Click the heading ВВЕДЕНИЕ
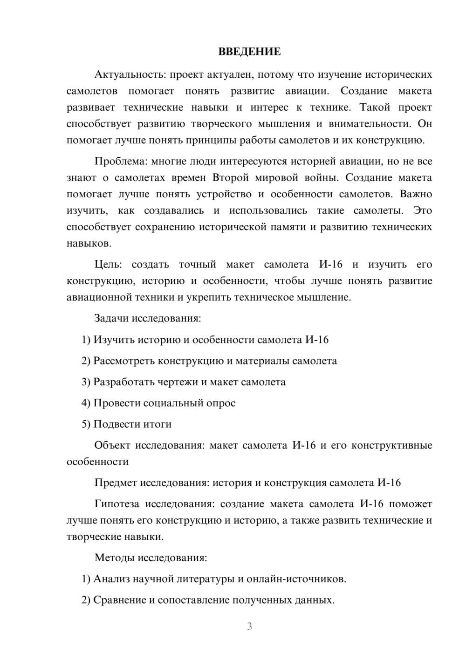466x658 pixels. point(249,52)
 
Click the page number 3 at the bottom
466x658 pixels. point(249,626)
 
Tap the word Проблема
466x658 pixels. point(119,161)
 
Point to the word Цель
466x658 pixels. point(108,265)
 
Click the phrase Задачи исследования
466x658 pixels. point(148,319)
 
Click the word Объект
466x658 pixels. point(112,445)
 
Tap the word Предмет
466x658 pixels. point(115,483)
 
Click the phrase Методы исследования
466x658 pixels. point(151,557)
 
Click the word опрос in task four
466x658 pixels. point(221,403)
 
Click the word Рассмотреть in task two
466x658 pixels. point(124,361)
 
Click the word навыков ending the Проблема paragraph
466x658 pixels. point(88,243)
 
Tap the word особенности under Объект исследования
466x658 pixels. point(97,462)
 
